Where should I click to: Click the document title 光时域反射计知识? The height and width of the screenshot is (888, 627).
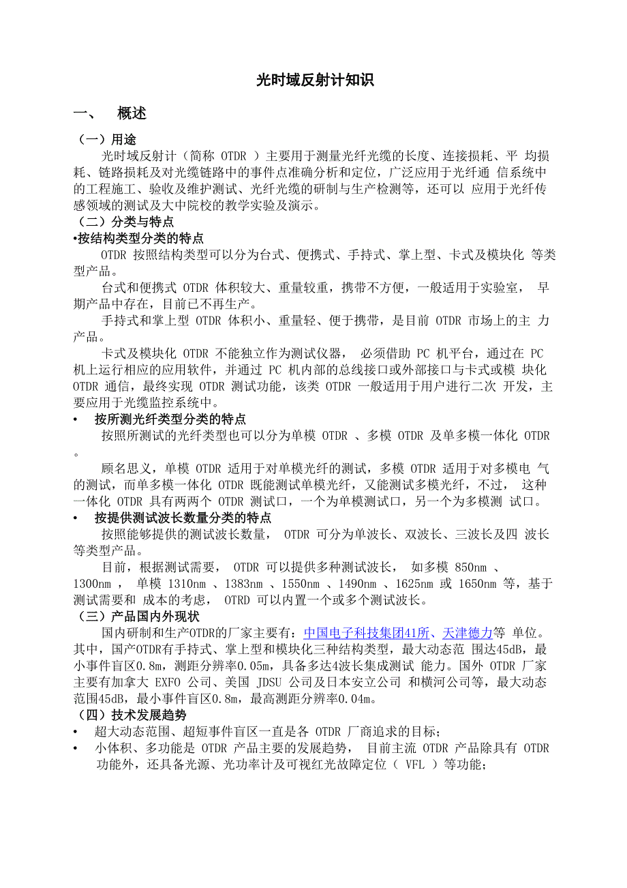[x=315, y=80]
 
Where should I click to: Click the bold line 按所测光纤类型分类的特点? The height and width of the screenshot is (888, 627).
[x=170, y=419]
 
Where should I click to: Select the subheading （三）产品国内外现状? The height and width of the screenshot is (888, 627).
[x=139, y=617]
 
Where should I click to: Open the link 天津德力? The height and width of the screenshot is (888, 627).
[x=468, y=633]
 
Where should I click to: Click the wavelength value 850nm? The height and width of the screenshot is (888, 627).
[x=470, y=567]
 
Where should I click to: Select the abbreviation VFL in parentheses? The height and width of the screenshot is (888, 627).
[x=414, y=765]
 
